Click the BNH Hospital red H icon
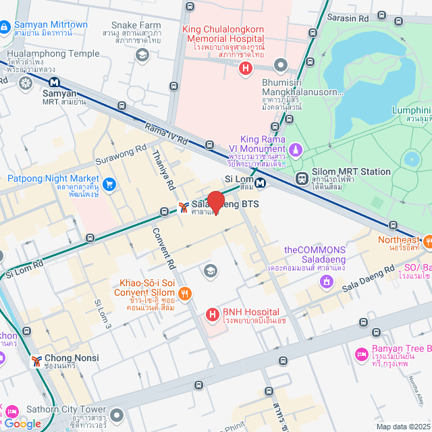point(212,314)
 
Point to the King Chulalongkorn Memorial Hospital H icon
point(246,67)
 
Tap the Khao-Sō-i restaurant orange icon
point(186,294)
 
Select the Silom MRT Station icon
point(301,179)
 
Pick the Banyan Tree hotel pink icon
point(361,354)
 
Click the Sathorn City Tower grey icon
point(117,414)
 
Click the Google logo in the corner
point(22,423)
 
